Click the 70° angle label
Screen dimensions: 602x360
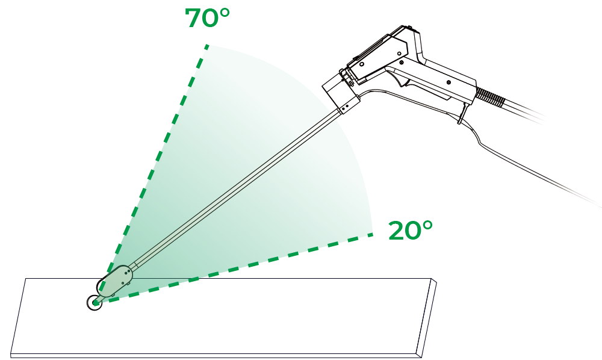207,17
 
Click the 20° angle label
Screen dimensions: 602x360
411,231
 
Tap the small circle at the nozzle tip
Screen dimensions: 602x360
95,303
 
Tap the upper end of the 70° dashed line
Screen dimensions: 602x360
207,46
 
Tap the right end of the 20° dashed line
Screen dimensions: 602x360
371,235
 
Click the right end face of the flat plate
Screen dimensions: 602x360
427,318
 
